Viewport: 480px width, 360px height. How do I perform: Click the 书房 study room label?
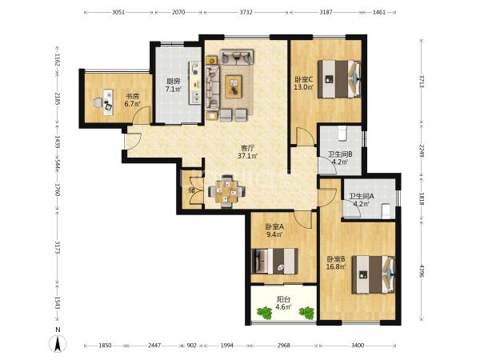[x=132, y=96]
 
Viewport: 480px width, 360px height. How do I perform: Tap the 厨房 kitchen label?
[x=173, y=82]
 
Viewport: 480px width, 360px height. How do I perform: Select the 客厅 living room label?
[x=248, y=148]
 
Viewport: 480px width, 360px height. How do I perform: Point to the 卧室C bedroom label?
[x=304, y=79]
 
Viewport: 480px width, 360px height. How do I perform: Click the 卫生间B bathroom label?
[x=340, y=154]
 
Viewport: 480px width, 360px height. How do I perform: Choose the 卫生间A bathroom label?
[x=362, y=196]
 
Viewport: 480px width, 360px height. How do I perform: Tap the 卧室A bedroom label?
[x=274, y=227]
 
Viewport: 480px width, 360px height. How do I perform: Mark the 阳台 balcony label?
[x=283, y=299]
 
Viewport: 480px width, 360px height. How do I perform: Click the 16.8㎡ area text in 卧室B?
[x=336, y=266]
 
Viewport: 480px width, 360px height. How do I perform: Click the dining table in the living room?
[x=226, y=192]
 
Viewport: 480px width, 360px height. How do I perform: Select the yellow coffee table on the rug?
[x=234, y=86]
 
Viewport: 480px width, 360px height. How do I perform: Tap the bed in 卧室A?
[x=274, y=261]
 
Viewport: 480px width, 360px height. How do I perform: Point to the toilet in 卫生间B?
[x=342, y=134]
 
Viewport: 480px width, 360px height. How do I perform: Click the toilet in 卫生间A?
[x=386, y=211]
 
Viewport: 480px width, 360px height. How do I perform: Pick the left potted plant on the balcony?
[x=265, y=313]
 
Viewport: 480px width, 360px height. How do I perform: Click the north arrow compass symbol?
[x=58, y=343]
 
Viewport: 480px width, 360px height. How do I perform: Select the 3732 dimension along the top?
[x=246, y=12]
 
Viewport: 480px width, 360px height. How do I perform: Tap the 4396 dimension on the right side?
[x=422, y=271]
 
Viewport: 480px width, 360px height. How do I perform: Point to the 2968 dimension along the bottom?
[x=284, y=346]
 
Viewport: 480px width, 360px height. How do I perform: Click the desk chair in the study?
[x=98, y=102]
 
